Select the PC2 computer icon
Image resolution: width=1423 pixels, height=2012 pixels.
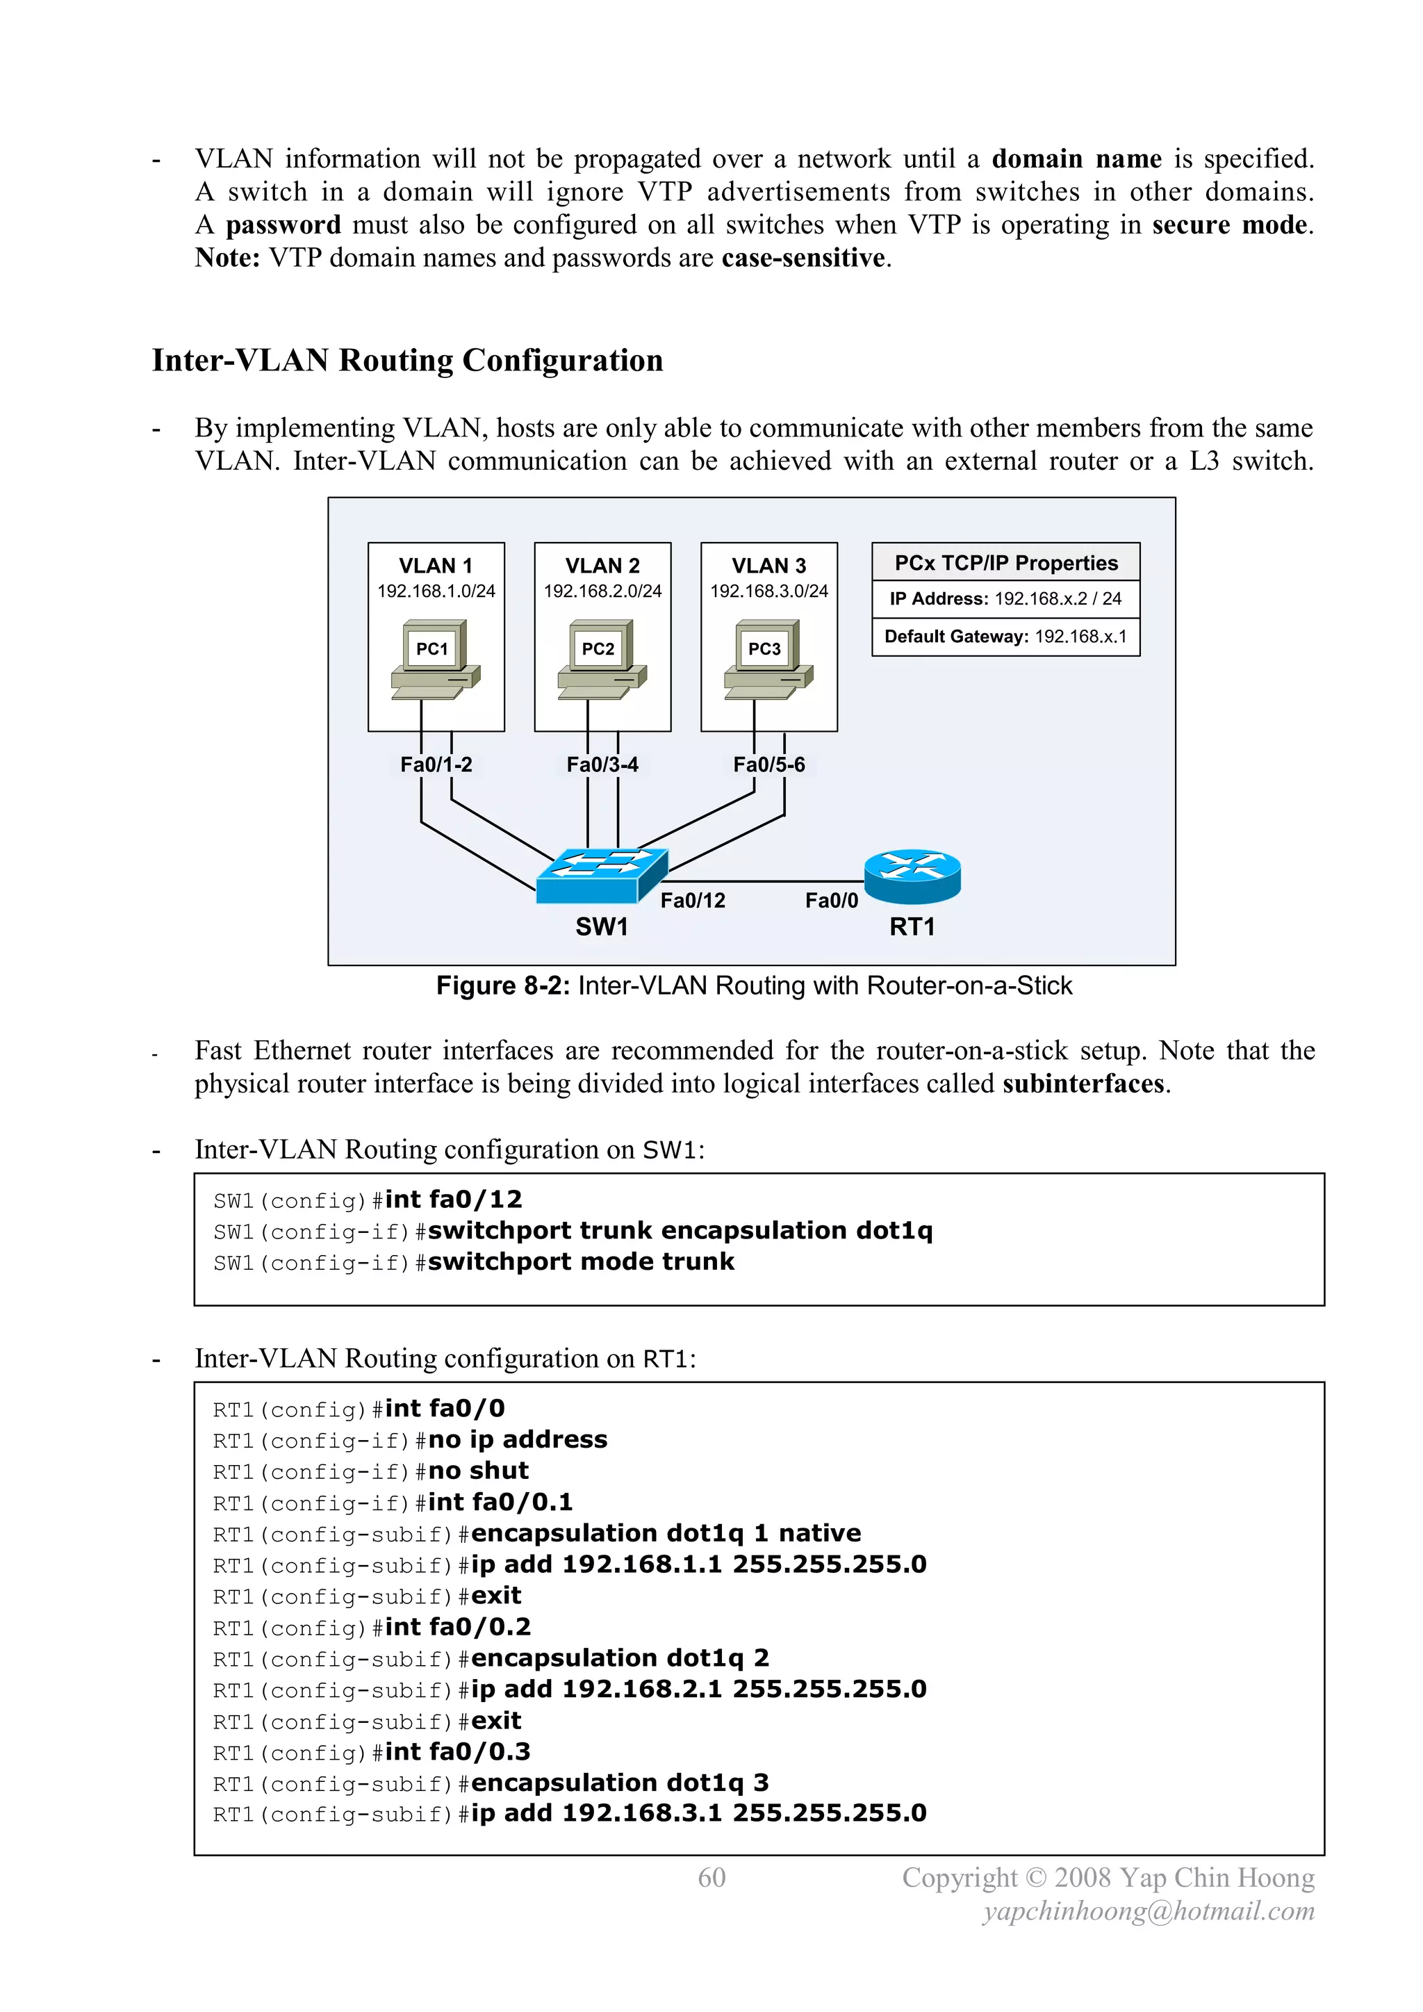tap(602, 659)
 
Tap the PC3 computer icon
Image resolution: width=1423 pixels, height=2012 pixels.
tap(768, 659)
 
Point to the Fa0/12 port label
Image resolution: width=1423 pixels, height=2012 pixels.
tap(692, 900)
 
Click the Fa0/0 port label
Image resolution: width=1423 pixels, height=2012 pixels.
tap(832, 900)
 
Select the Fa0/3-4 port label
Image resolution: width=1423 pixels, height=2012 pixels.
tap(602, 764)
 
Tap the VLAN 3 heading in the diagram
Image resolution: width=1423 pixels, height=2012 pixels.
tap(768, 565)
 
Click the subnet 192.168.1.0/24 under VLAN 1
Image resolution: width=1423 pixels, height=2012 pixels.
tap(436, 591)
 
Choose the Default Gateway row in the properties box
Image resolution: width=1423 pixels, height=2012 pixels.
tap(1005, 636)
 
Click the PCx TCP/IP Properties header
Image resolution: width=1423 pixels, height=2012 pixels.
tap(1005, 562)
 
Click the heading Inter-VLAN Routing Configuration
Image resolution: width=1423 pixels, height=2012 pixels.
tap(407, 360)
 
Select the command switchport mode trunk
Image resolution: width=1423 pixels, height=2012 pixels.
tap(580, 1262)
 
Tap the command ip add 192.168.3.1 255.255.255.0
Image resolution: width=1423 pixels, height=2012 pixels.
tap(698, 1813)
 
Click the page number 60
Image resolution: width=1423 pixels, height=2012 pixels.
tap(711, 1877)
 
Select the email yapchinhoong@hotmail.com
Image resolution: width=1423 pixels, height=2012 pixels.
tap(1149, 1911)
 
